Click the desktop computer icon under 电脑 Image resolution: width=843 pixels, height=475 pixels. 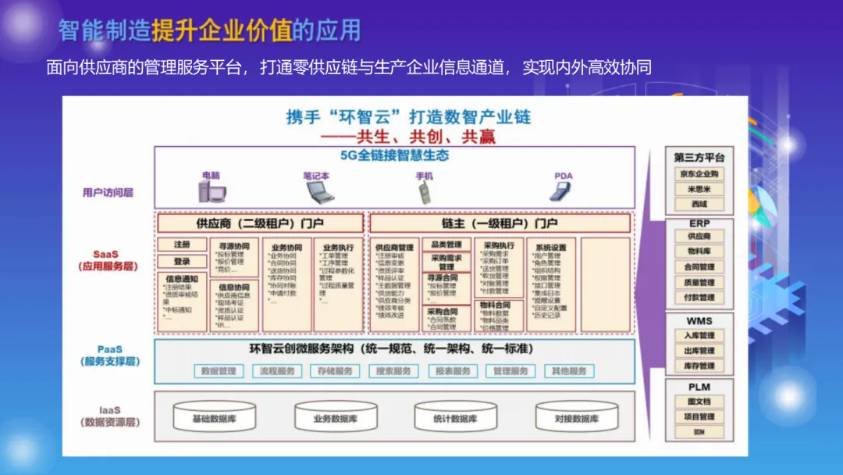click(x=212, y=191)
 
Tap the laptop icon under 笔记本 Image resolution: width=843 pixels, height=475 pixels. click(x=316, y=191)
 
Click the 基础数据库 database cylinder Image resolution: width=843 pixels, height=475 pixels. click(x=214, y=419)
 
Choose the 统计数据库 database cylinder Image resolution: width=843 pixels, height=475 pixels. click(x=455, y=419)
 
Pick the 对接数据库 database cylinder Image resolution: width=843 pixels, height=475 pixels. click(x=576, y=419)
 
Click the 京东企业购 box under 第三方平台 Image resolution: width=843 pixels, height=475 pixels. click(x=698, y=174)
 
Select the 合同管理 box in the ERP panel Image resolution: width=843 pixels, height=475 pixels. click(x=699, y=266)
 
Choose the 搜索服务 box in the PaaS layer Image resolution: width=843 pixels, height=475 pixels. click(x=393, y=371)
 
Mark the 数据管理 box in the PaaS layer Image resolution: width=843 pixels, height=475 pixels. click(x=218, y=371)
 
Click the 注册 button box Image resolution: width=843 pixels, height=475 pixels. click(x=182, y=245)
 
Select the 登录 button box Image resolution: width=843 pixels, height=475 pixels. click(x=182, y=262)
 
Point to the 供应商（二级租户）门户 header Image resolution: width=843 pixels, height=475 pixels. click(x=260, y=223)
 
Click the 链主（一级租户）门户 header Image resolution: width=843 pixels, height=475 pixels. click(x=500, y=223)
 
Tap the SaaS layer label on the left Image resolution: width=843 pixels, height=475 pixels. click(x=107, y=259)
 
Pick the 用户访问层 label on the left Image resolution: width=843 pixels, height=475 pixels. click(x=108, y=191)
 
